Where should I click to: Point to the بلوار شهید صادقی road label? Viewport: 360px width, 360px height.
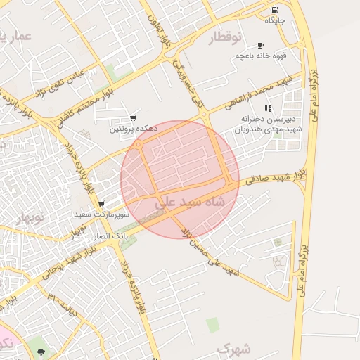[276, 177]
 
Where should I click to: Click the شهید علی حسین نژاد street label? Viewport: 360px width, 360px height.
[212, 253]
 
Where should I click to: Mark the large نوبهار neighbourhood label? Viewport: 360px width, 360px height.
[28, 219]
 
